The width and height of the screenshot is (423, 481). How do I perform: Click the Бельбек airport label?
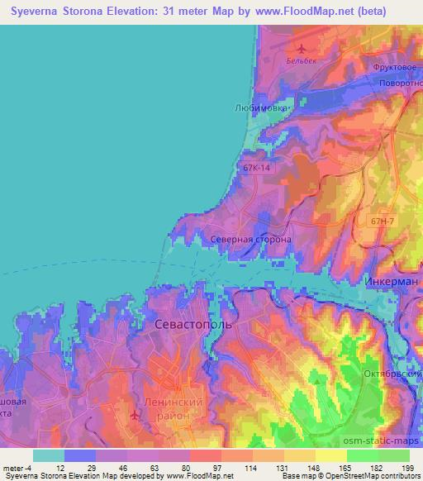[301, 60]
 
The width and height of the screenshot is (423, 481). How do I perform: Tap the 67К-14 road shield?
[256, 168]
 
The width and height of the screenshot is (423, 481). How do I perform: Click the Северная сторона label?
[250, 240]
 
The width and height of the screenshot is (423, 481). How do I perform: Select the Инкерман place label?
[391, 281]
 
